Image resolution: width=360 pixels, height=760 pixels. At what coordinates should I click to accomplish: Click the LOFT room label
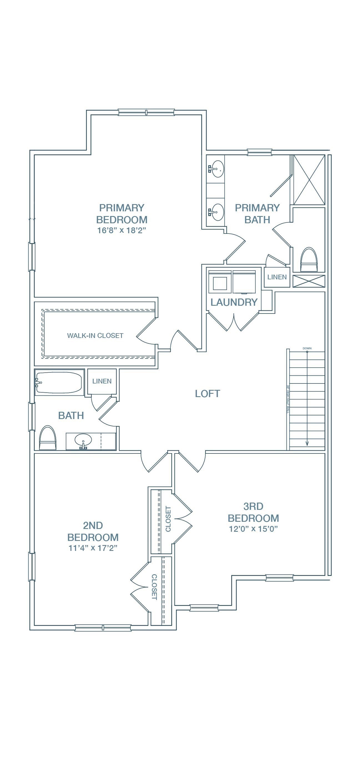tap(207, 393)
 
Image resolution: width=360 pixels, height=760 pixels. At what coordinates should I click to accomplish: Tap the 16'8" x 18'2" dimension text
tap(122, 230)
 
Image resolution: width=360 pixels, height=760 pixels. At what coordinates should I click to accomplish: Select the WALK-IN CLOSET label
tap(95, 335)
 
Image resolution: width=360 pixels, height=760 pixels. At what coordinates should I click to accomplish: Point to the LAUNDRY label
tap(234, 302)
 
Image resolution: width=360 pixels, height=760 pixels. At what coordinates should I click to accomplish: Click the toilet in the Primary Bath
tap(309, 260)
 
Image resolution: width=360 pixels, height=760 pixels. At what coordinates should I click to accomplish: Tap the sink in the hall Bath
tap(83, 440)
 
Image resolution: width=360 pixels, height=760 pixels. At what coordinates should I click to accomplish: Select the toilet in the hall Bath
tap(48, 438)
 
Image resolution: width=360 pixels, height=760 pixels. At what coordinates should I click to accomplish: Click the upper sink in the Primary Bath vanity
tap(218, 169)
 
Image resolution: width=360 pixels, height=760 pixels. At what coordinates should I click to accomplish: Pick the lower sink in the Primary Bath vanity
tap(218, 212)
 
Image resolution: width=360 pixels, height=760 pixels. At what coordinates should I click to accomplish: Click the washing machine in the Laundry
tap(220, 282)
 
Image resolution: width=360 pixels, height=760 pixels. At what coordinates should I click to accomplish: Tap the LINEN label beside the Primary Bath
tap(277, 277)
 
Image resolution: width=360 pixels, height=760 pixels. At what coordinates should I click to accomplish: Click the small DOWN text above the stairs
tap(307, 348)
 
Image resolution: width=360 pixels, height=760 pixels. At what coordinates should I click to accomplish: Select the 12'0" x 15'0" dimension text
tap(253, 529)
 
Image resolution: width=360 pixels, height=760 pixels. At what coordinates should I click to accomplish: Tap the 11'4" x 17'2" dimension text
tap(93, 548)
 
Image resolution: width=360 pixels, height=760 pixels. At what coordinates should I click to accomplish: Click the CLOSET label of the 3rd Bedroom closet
tap(168, 519)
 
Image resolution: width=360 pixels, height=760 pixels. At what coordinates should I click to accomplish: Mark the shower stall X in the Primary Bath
tap(309, 179)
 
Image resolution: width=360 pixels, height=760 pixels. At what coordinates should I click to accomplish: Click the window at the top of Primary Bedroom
tap(146, 112)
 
